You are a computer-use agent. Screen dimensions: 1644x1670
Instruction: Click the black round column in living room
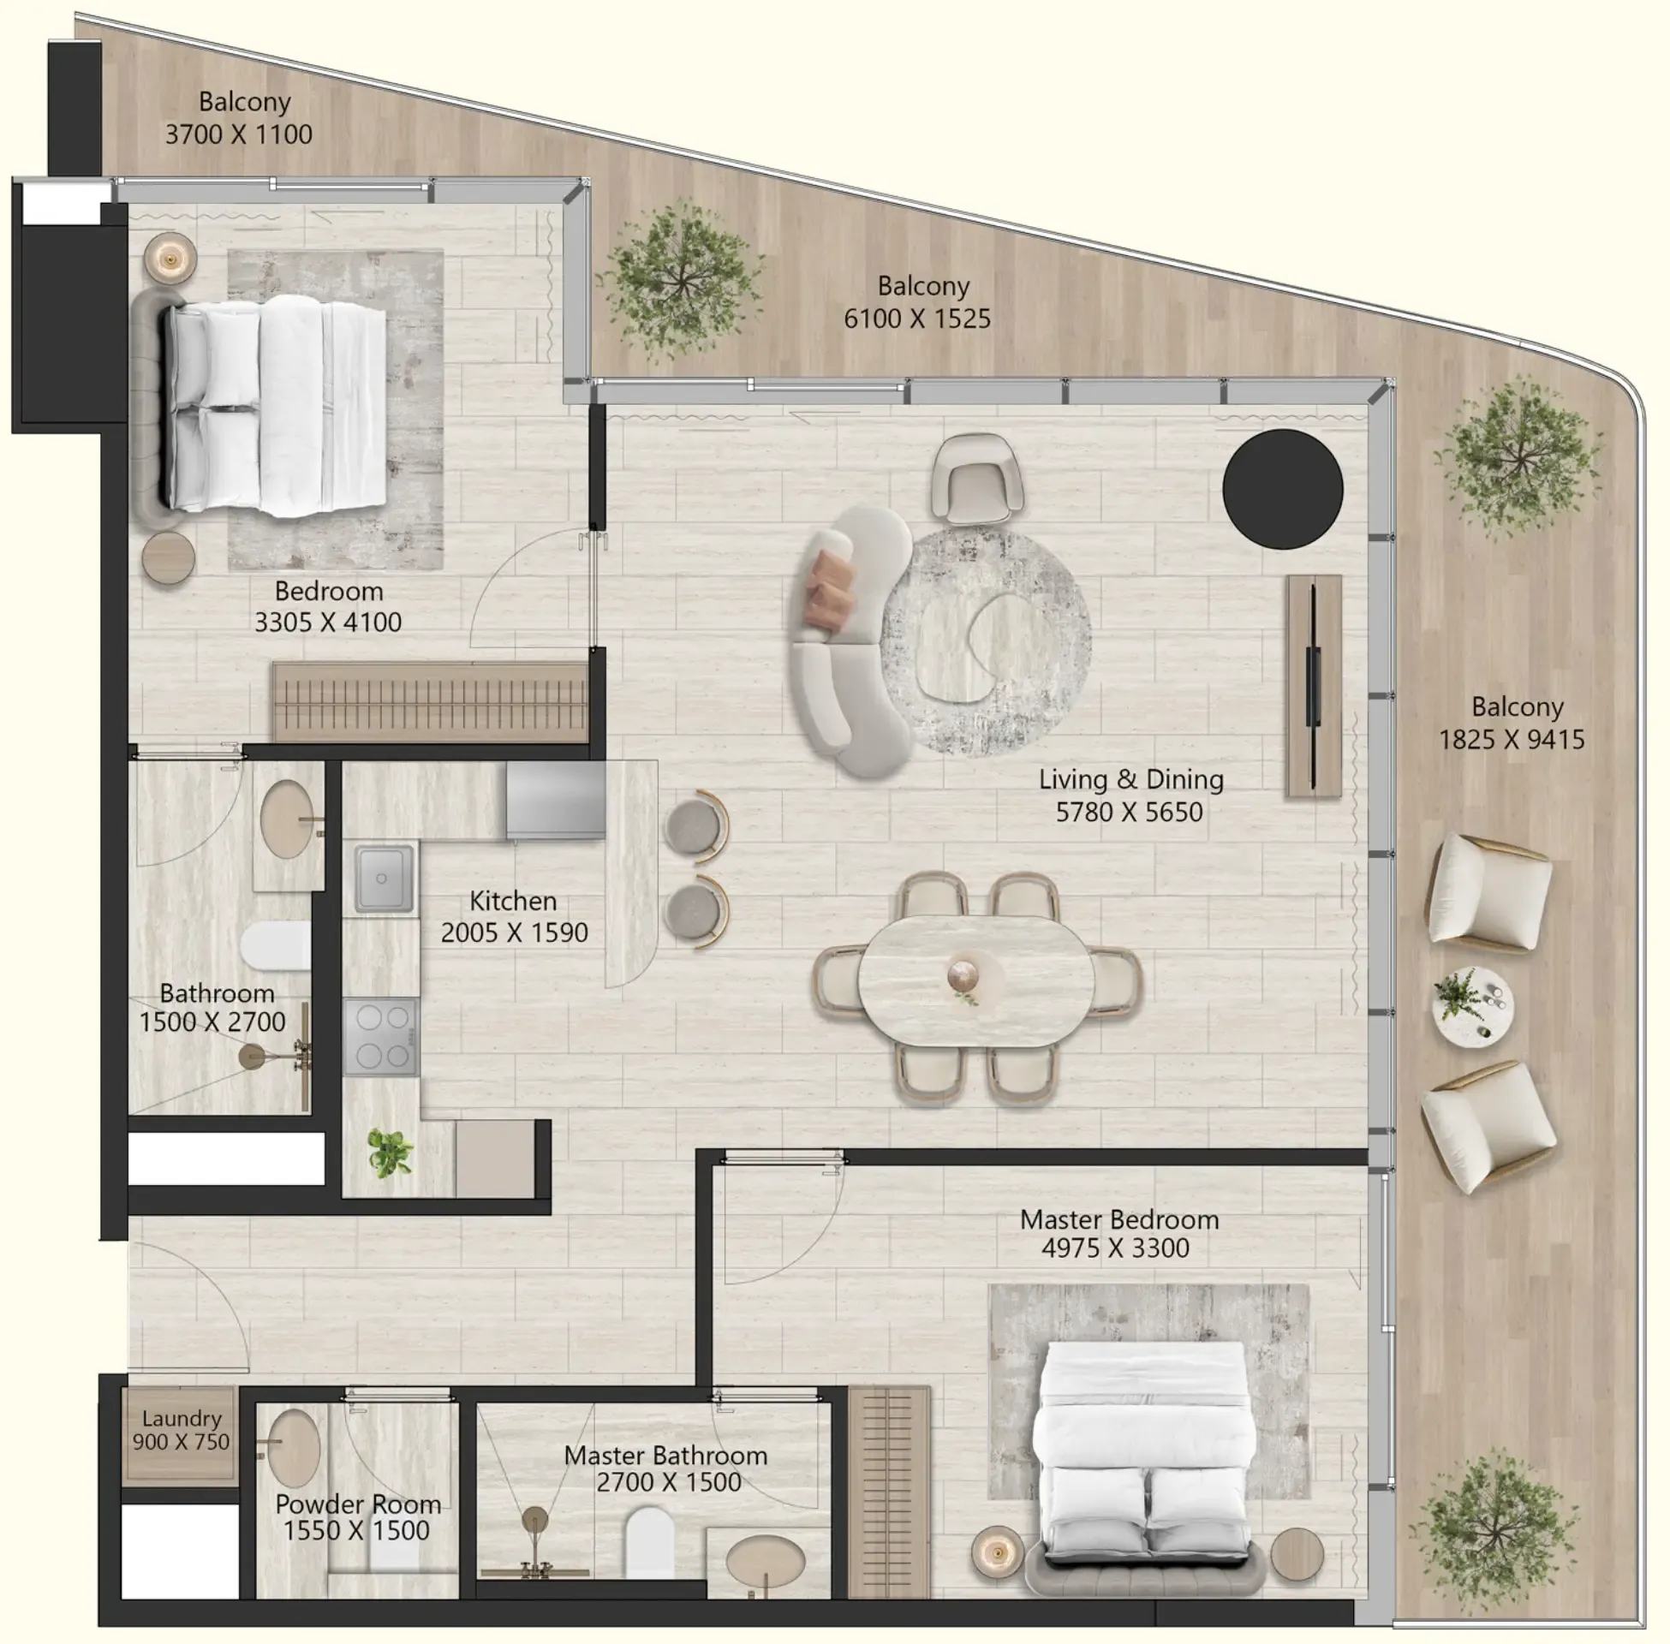point(1282,489)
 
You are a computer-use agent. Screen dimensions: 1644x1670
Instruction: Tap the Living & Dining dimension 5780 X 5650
point(1129,813)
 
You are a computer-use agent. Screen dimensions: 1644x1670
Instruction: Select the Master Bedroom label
point(1119,1220)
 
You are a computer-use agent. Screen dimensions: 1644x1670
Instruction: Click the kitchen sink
point(383,879)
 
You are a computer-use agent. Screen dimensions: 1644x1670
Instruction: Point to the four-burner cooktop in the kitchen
point(382,1036)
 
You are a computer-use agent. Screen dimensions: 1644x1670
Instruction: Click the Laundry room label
point(182,1419)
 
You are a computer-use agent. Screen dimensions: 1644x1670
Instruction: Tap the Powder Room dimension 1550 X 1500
point(356,1531)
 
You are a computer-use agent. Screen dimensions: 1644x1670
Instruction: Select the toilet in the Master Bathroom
point(648,1543)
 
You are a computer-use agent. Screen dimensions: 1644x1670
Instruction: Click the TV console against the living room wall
point(1314,687)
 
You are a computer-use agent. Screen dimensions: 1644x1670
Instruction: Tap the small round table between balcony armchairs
point(1472,1007)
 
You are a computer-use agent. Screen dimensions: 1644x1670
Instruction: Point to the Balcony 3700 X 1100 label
point(238,134)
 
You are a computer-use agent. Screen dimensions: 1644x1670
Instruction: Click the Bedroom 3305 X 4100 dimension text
point(327,622)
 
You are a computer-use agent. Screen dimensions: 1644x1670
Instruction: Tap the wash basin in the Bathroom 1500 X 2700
point(288,819)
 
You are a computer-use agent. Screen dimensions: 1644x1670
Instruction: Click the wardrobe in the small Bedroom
point(429,702)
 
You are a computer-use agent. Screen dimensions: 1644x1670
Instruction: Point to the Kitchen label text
point(513,901)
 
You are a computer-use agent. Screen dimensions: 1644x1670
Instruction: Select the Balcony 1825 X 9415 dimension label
point(1511,740)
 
